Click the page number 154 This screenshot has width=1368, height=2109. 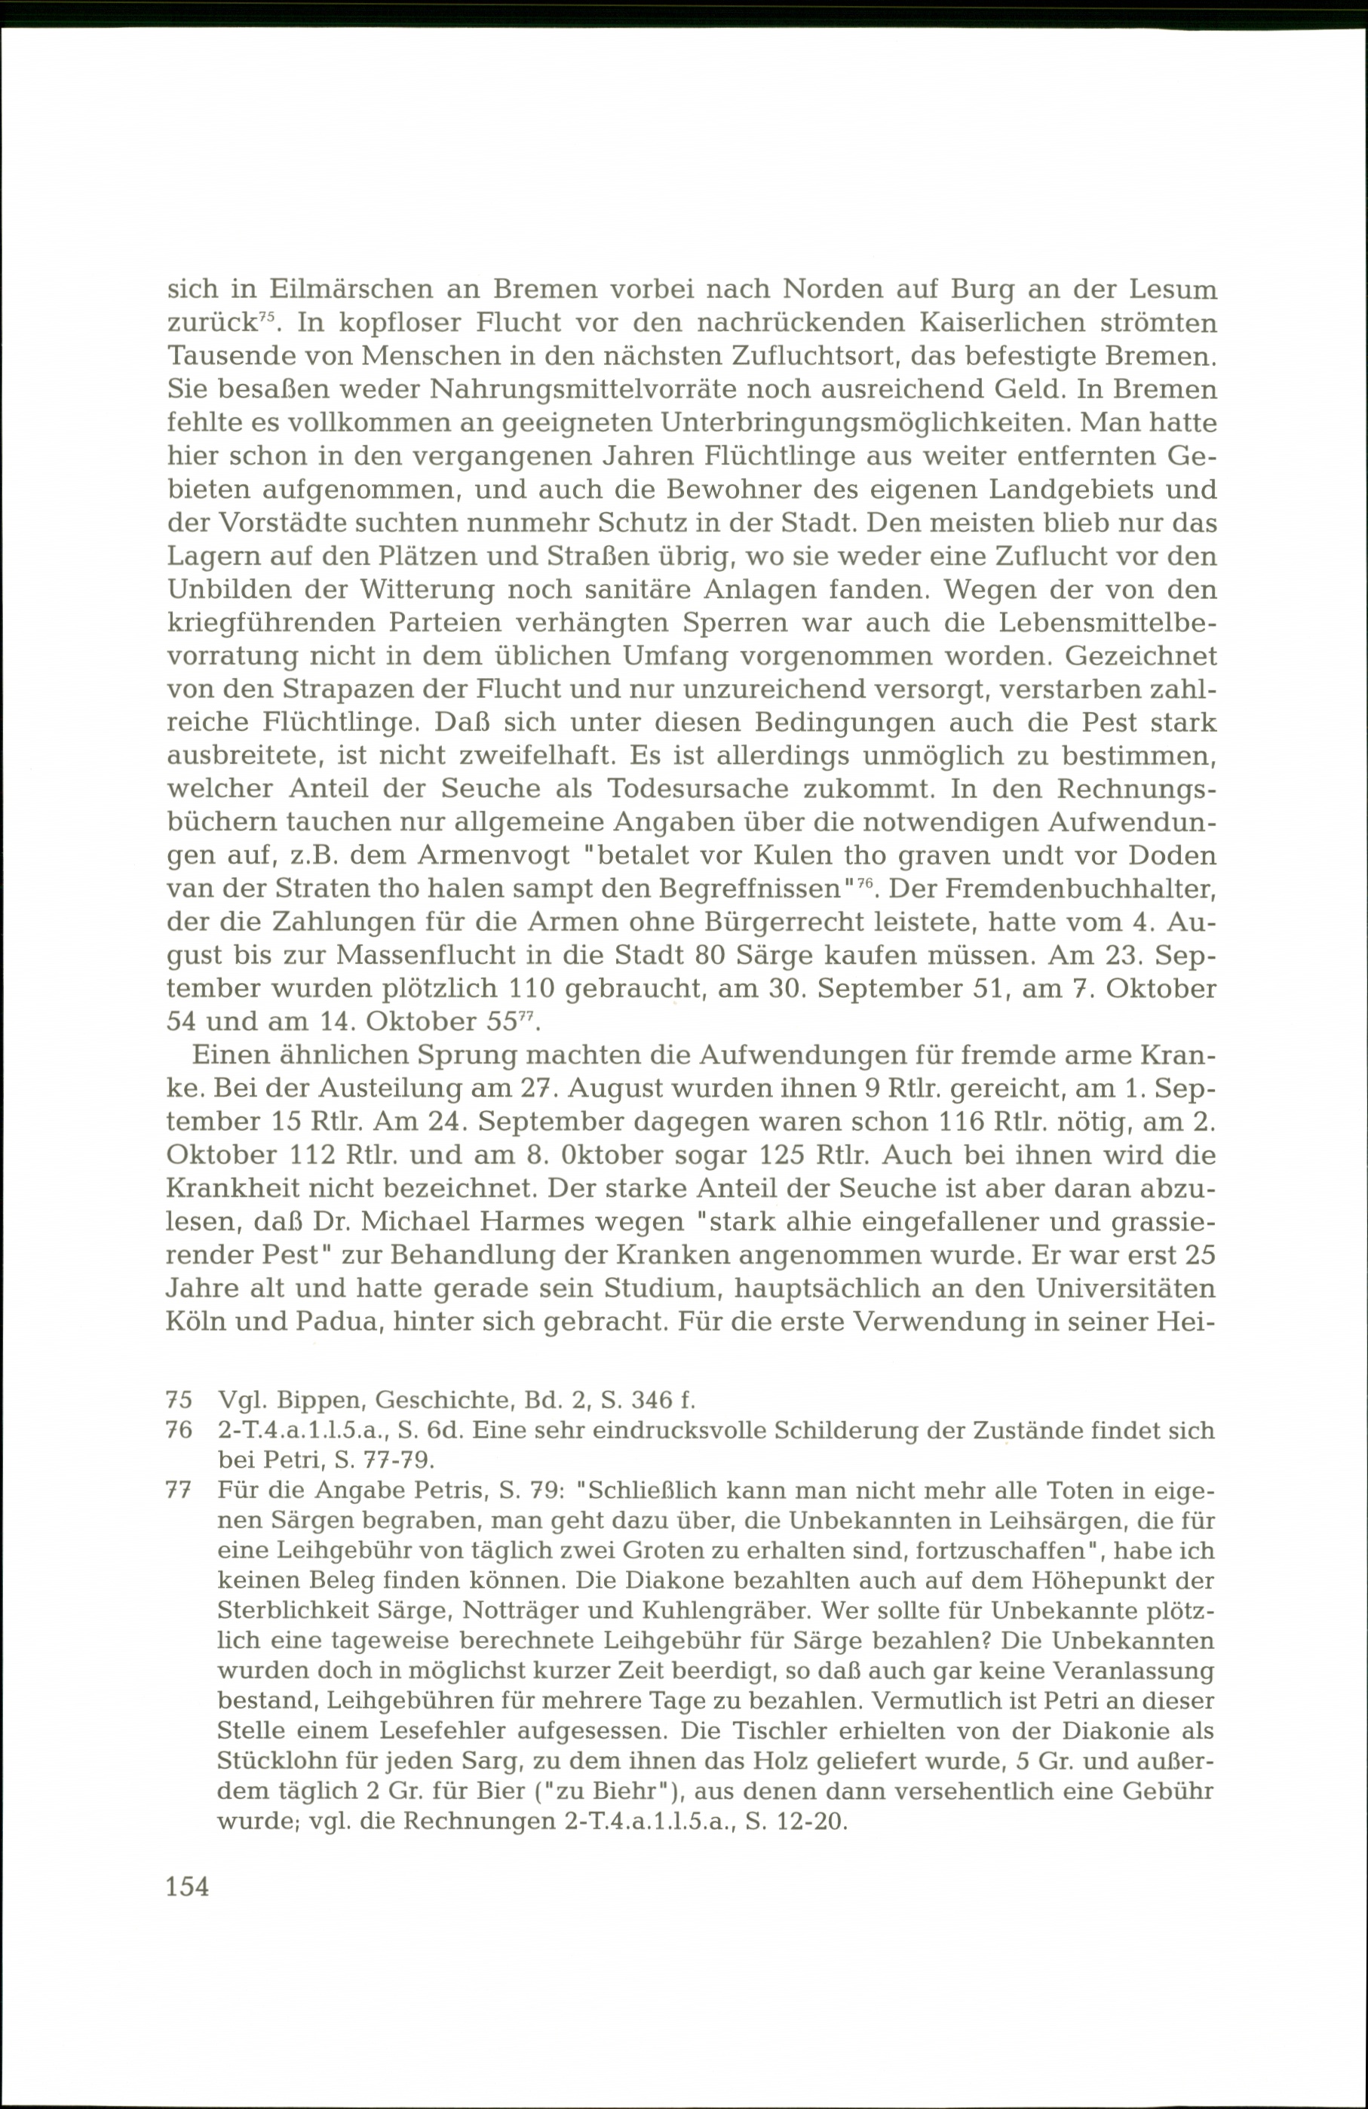click(x=188, y=1886)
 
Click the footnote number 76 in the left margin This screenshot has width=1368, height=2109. click(x=179, y=1430)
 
